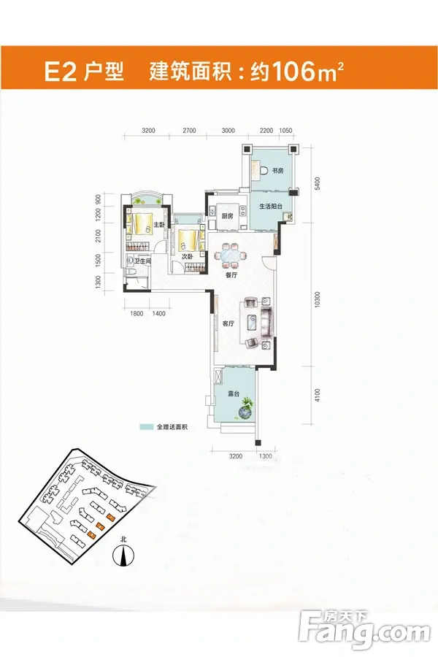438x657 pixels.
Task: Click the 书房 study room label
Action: click(278, 171)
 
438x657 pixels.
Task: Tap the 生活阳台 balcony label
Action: click(271, 206)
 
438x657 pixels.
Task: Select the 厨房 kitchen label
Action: click(227, 216)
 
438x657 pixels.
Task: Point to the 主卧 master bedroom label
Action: click(158, 225)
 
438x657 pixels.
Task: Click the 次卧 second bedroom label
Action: click(187, 256)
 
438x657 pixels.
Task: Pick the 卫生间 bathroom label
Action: click(142, 261)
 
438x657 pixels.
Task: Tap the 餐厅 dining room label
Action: click(231, 275)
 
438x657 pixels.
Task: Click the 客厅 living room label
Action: click(228, 323)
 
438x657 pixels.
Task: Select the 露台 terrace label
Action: click(234, 394)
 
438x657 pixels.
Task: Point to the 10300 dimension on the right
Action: click(318, 300)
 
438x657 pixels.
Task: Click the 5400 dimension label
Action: click(318, 183)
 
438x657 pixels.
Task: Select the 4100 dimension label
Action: click(318, 395)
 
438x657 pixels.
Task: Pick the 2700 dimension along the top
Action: click(189, 131)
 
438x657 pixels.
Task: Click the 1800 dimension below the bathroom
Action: click(137, 313)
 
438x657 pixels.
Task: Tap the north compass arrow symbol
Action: click(123, 556)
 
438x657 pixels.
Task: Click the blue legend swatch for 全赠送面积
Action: click(146, 427)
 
